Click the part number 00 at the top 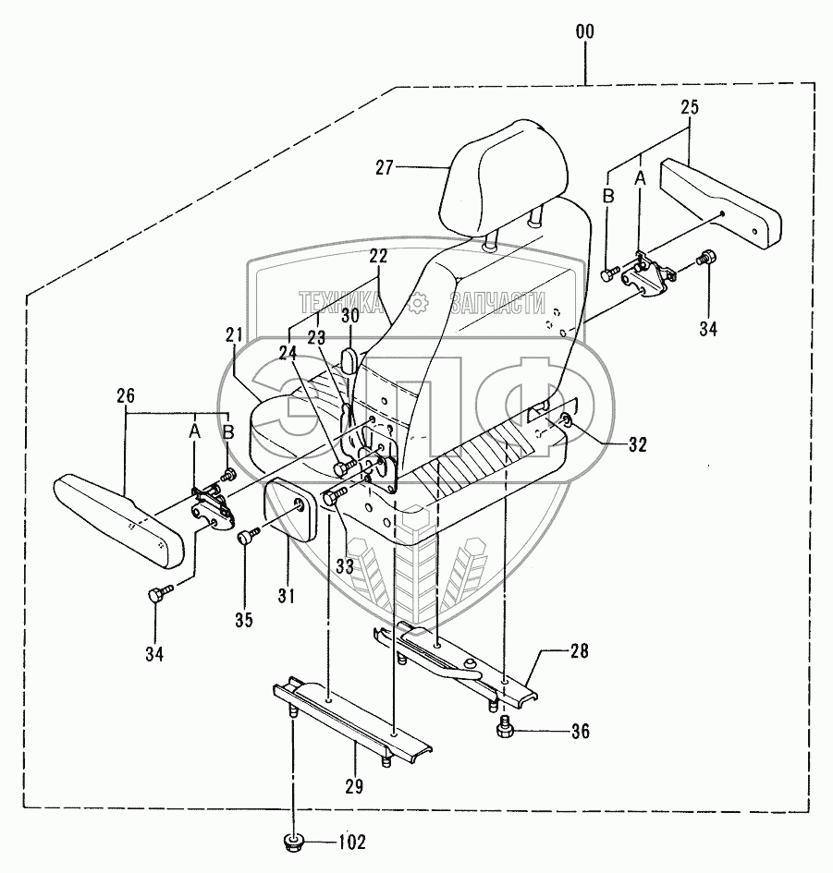coord(584,32)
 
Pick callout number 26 coord(127,397)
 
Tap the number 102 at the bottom coord(352,842)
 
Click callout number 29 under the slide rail coord(355,786)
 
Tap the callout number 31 coord(286,598)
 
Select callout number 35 coord(242,620)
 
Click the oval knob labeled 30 coord(350,359)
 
